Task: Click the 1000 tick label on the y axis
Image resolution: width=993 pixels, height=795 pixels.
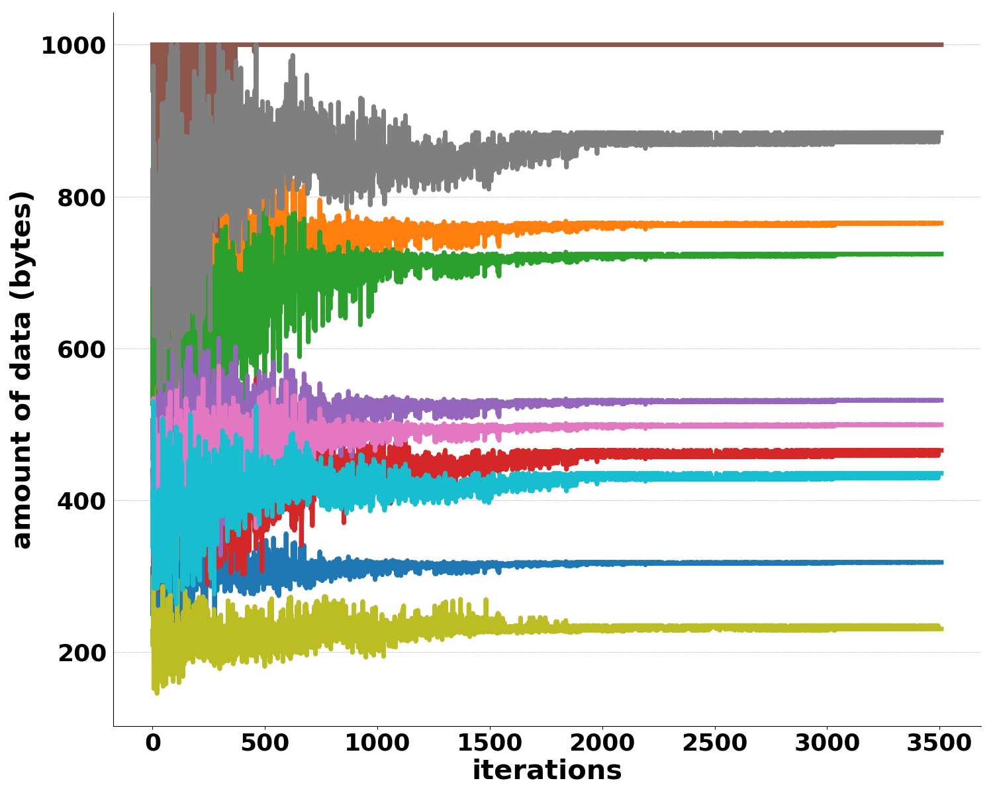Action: tap(73, 46)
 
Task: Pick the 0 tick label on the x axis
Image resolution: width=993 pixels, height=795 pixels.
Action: tap(153, 743)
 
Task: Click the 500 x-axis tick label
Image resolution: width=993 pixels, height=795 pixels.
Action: tap(265, 743)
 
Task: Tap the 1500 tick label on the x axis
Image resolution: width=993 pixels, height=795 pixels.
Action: tap(490, 743)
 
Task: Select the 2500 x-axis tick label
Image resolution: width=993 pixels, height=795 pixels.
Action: tap(714, 743)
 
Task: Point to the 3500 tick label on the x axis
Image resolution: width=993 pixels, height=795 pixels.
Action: tap(939, 743)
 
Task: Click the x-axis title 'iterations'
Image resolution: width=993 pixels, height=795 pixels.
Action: tap(547, 770)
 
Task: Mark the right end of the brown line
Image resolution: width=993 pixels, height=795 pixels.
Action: tap(942, 44)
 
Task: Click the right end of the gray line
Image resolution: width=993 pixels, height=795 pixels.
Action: tap(941, 136)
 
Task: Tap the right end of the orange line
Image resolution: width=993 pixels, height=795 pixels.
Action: tap(942, 223)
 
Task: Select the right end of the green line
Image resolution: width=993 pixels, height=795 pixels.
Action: tap(942, 254)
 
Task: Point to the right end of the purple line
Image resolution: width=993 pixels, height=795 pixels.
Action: tap(942, 400)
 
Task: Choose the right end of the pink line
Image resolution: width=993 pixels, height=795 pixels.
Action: tap(942, 425)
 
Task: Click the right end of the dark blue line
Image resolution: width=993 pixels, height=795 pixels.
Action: tap(942, 562)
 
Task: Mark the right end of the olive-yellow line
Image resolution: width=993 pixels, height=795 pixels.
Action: tap(942, 628)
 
